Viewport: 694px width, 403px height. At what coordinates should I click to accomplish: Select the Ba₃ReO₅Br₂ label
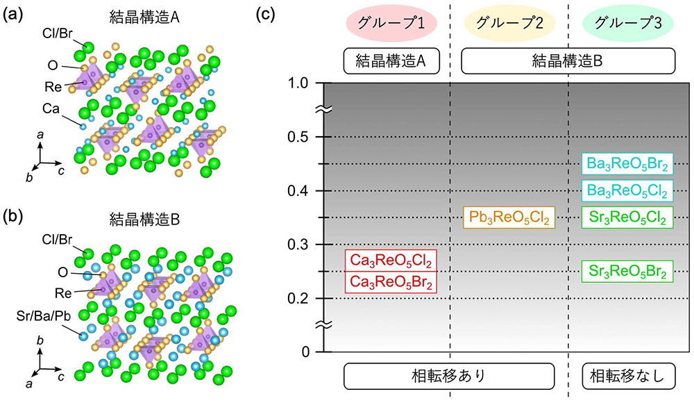[627, 165]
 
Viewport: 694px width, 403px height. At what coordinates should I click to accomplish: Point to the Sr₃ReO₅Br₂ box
[627, 271]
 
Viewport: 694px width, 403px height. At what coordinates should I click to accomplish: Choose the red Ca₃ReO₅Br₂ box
[391, 282]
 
